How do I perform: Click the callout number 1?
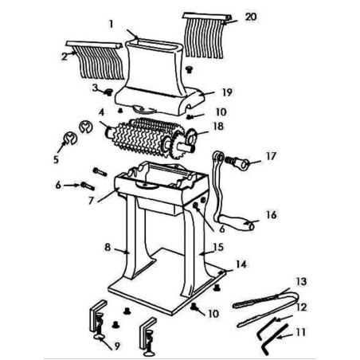point(112,23)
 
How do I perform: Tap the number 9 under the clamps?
point(117,346)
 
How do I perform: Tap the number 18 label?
point(217,126)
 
